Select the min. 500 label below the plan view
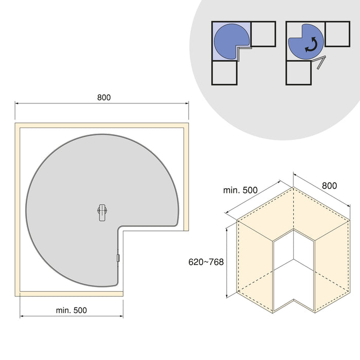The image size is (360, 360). tap(71, 310)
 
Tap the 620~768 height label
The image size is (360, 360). tap(206, 262)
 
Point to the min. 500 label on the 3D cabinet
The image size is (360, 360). tap(240, 190)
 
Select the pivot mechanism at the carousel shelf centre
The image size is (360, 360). tap(102, 211)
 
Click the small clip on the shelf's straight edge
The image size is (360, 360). tap(118, 258)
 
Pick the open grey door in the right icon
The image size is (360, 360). tap(320, 63)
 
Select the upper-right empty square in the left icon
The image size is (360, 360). tap(263, 34)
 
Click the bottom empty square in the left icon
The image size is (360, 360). tap(224, 73)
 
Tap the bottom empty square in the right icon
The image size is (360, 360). tap(299, 73)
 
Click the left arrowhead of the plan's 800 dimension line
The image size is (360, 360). tap(16, 103)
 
